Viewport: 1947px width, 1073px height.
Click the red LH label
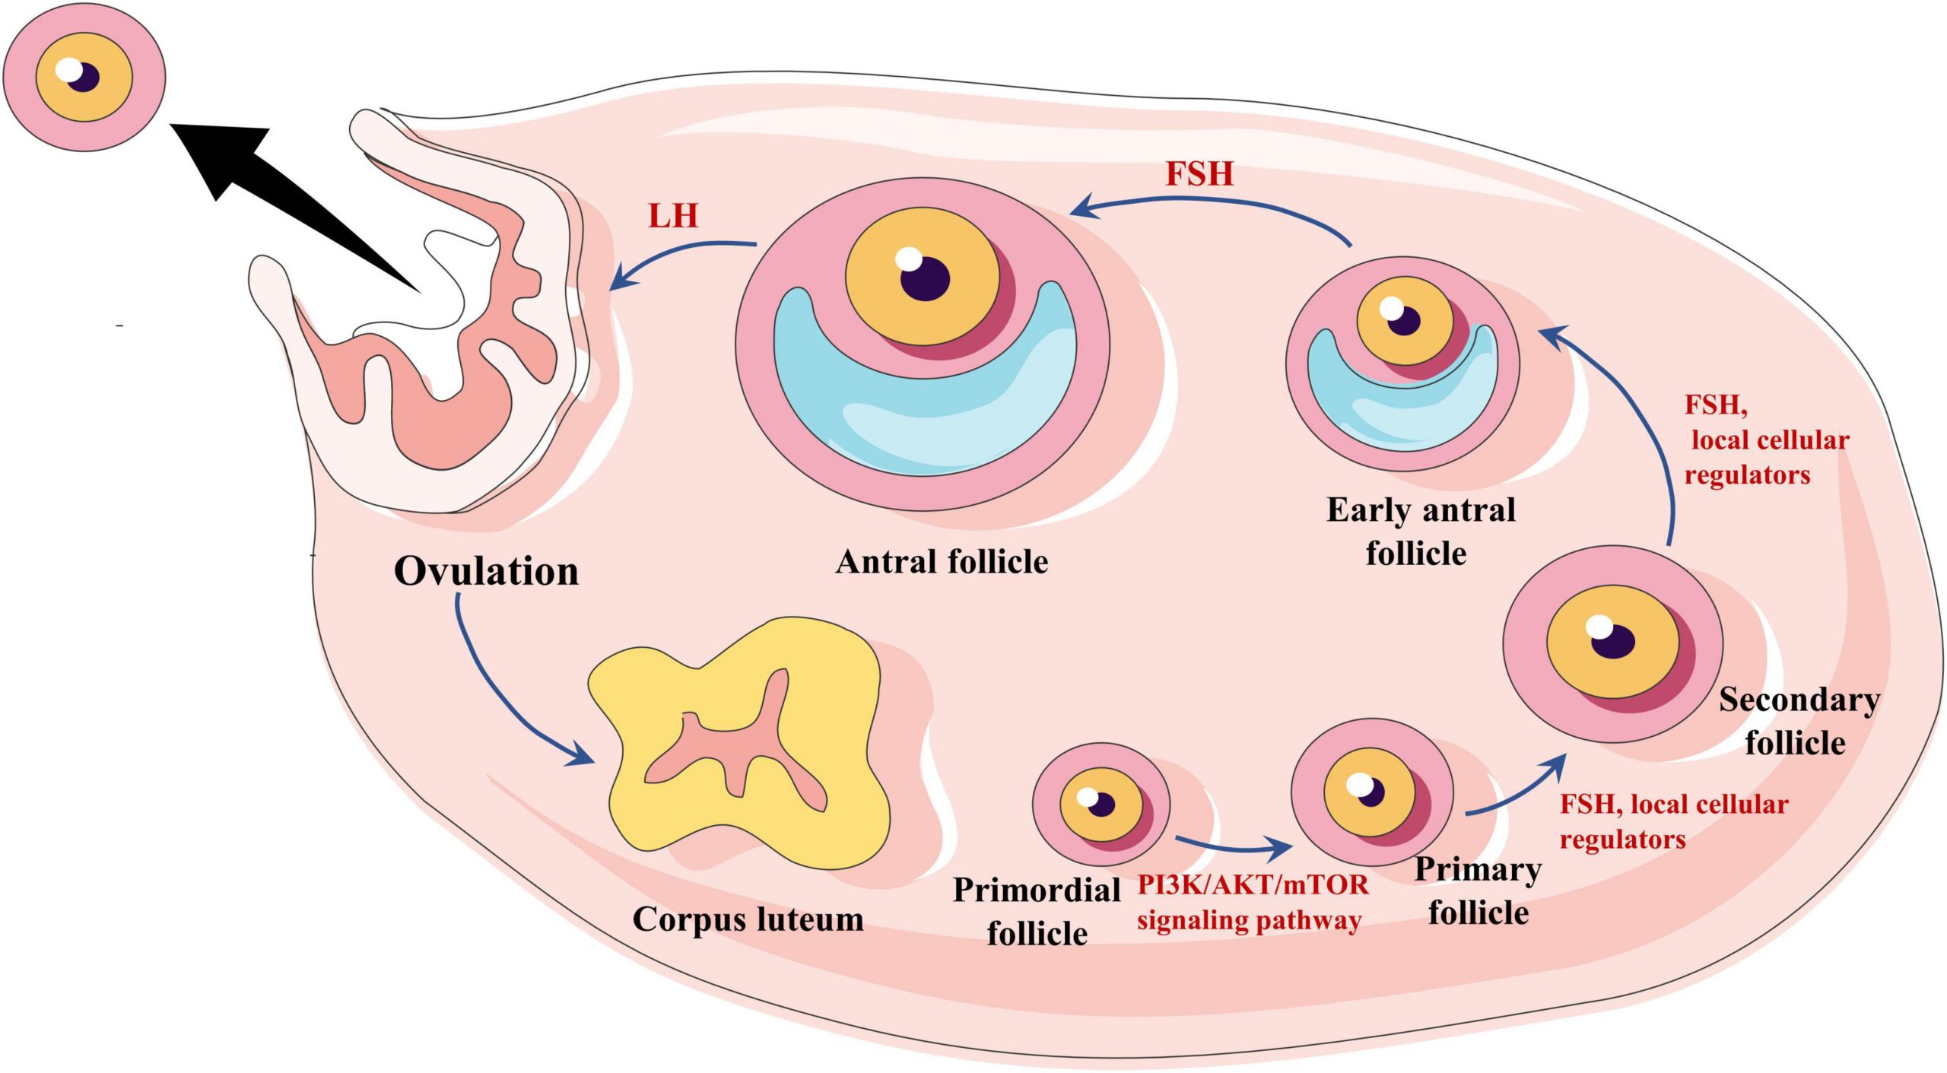tap(672, 216)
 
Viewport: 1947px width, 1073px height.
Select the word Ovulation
tap(486, 571)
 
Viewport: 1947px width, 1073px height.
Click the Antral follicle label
tap(942, 562)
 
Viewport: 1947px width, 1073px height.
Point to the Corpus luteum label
tap(748, 919)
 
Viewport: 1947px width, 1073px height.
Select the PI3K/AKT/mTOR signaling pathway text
tap(1251, 903)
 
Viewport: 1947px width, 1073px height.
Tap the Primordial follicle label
tap(1037, 911)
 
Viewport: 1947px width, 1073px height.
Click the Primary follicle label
tap(1478, 890)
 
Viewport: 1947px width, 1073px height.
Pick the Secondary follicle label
tap(1798, 721)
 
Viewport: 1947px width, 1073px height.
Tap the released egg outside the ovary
tap(84, 77)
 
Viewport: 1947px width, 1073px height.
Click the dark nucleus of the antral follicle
tap(925, 279)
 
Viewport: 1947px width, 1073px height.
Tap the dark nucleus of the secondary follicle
tap(1613, 641)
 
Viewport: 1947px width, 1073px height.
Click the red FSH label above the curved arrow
tap(1199, 174)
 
